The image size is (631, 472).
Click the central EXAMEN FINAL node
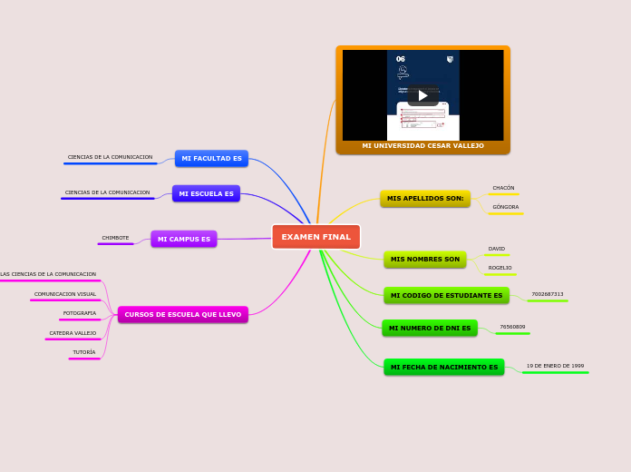[315, 237]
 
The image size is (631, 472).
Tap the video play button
[422, 95]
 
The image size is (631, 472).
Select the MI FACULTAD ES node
[211, 158]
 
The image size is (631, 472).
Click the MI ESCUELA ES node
[206, 193]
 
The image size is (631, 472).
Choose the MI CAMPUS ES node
[184, 239]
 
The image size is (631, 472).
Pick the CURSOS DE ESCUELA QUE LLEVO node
[183, 314]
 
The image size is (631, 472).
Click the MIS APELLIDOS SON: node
[425, 198]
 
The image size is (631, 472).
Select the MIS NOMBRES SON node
[424, 260]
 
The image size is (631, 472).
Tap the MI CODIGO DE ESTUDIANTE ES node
[446, 295]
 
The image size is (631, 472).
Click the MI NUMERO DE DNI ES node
[430, 328]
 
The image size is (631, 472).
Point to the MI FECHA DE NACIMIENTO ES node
[443, 367]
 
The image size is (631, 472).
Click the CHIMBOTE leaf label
[115, 238]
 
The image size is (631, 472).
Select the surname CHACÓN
[503, 188]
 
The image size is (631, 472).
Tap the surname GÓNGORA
[505, 207]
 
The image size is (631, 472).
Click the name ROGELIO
[500, 268]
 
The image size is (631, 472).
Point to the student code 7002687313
[547, 294]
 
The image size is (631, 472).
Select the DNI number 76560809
[512, 327]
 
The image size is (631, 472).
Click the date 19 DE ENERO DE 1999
[555, 366]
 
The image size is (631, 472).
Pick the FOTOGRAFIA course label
[80, 313]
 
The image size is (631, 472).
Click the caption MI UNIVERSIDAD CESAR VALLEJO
[422, 145]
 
